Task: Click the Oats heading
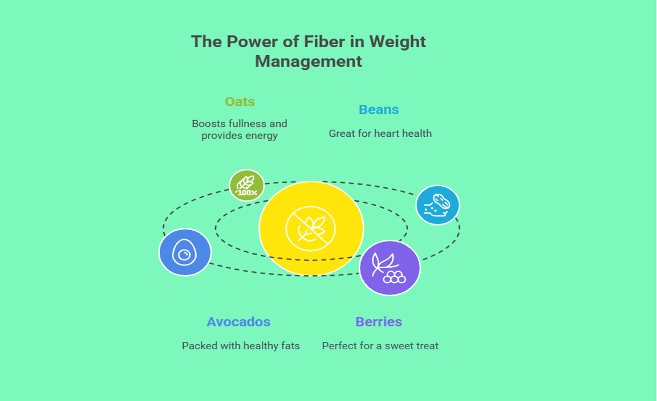[x=240, y=102]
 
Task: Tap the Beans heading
[x=379, y=110]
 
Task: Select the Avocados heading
[x=238, y=322]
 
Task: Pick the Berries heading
[x=379, y=322]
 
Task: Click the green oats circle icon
[x=247, y=185]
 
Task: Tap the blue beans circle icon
[x=437, y=205]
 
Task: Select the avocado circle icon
[x=185, y=252]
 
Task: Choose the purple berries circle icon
[x=390, y=268]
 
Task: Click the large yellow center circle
[x=311, y=228]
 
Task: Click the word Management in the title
[x=309, y=62]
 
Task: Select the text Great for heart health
[x=380, y=134]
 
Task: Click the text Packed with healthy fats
[x=241, y=346]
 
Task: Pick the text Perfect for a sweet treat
[x=380, y=346]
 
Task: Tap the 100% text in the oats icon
[x=247, y=193]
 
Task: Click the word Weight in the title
[x=398, y=42]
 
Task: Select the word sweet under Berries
[x=400, y=346]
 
